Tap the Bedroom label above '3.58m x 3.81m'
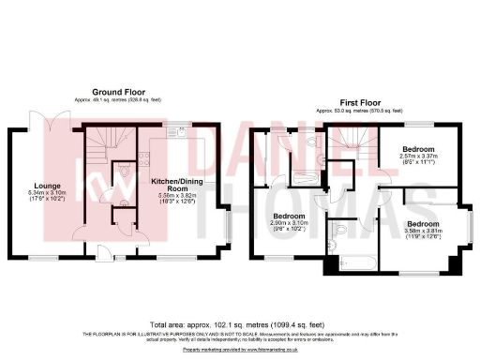[x=424, y=224]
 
